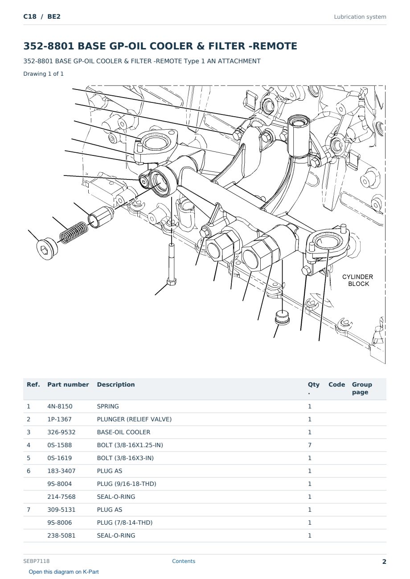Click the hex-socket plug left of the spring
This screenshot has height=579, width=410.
[47, 248]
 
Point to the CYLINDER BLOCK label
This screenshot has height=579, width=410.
[357, 280]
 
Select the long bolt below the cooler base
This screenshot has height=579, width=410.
[172, 264]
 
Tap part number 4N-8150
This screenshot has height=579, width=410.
[60, 406]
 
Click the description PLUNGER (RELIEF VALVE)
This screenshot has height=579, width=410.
[134, 419]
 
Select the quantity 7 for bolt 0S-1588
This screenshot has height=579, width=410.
[310, 445]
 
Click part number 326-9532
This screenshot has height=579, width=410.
[61, 432]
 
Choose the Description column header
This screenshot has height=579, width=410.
[116, 385]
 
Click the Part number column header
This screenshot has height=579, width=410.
[68, 385]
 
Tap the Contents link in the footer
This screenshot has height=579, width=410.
[184, 561]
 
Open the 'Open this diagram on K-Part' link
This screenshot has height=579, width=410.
[64, 572]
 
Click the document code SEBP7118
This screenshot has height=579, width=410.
[37, 561]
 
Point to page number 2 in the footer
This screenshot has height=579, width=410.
[384, 562]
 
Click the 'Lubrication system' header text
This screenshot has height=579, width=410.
[360, 17]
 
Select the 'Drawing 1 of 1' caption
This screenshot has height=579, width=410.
[44, 73]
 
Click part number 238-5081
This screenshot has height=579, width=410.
[61, 535]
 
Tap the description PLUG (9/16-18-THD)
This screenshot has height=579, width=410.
[127, 484]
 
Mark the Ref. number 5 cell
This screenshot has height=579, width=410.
[29, 458]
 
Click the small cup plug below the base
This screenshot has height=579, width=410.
[282, 318]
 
